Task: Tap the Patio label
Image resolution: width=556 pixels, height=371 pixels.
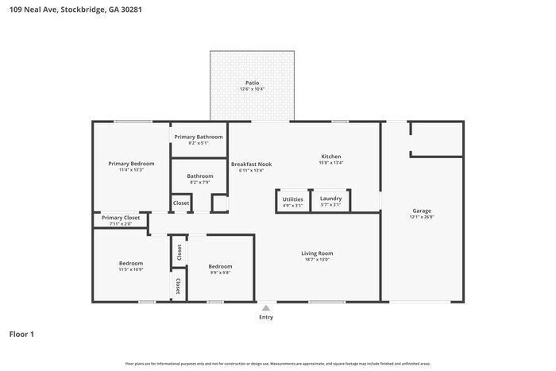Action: pyautogui.click(x=252, y=83)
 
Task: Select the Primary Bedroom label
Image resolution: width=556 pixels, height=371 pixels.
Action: pyautogui.click(x=131, y=163)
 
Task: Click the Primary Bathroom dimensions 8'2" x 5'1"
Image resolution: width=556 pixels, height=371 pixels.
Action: pyautogui.click(x=199, y=143)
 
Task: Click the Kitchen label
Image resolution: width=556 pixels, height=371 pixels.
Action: pyautogui.click(x=331, y=156)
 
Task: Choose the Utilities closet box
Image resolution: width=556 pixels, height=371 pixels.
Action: pyautogui.click(x=292, y=202)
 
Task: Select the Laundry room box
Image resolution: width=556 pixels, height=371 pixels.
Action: pyautogui.click(x=331, y=202)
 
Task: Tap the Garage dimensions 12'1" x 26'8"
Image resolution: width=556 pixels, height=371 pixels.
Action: pyautogui.click(x=422, y=217)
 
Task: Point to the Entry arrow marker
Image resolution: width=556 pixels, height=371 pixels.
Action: pyautogui.click(x=266, y=307)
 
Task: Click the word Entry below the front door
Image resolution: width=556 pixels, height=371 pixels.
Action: pyautogui.click(x=266, y=317)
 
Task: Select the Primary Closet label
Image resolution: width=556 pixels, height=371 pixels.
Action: pyautogui.click(x=121, y=217)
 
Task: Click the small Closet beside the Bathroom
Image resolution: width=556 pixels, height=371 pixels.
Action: pyautogui.click(x=181, y=203)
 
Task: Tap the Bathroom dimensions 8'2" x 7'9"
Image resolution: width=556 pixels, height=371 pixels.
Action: pyautogui.click(x=200, y=183)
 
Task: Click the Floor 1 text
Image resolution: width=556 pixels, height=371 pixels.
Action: pyautogui.click(x=21, y=334)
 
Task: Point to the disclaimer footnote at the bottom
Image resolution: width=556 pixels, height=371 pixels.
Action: pyautogui.click(x=277, y=363)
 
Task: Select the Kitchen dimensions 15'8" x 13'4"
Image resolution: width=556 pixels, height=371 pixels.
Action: pyautogui.click(x=331, y=163)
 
